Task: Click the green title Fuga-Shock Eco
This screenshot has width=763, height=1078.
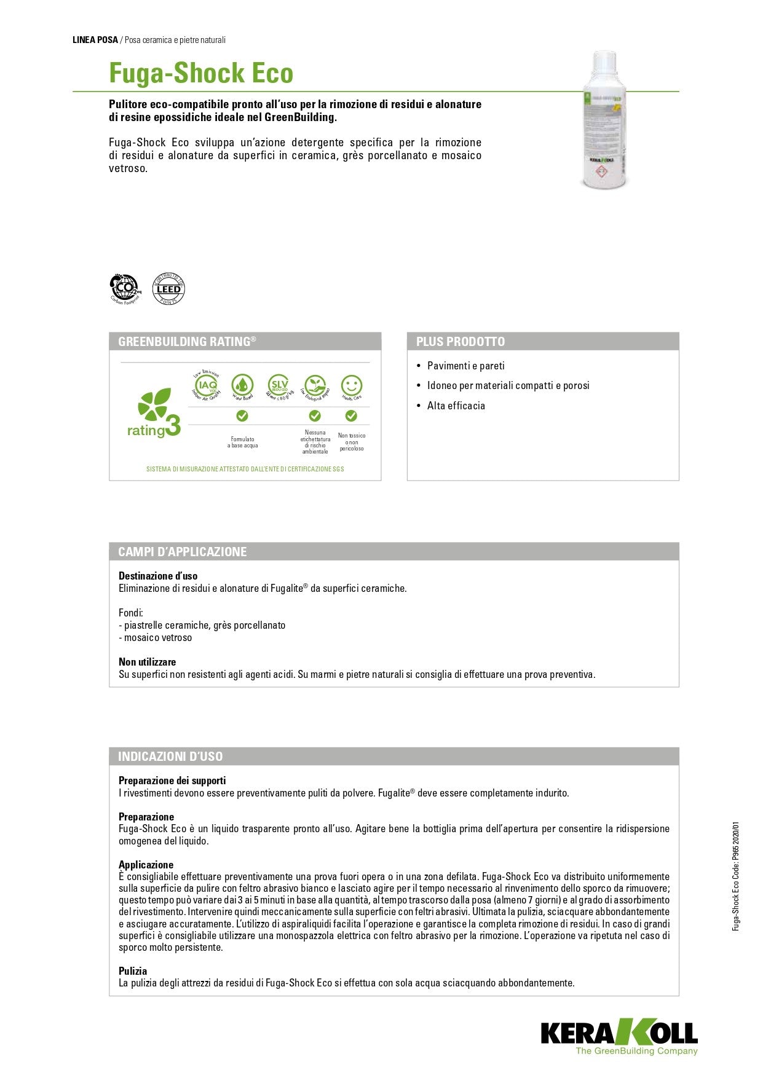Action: [x=201, y=73]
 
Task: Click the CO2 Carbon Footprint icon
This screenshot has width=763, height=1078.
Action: [x=125, y=289]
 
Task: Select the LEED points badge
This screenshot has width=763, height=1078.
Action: [x=168, y=289]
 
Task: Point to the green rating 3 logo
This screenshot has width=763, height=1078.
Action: [x=154, y=414]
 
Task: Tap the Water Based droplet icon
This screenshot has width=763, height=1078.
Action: [x=242, y=387]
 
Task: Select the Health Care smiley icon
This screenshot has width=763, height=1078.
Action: [x=351, y=387]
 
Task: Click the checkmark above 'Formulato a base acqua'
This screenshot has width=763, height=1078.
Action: [x=242, y=416]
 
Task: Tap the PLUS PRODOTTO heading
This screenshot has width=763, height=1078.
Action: [x=461, y=342]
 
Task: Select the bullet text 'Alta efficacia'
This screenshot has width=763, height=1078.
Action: [x=456, y=406]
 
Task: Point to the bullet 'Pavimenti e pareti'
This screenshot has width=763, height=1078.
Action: [x=465, y=366]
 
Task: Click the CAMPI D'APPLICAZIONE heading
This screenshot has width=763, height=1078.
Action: [x=183, y=552]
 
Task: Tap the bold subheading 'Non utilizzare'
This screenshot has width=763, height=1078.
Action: [x=147, y=662]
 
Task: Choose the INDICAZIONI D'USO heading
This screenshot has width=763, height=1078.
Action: [x=170, y=757]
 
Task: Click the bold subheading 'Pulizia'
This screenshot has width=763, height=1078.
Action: [x=133, y=971]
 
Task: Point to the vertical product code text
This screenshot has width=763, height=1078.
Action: [x=736, y=876]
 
